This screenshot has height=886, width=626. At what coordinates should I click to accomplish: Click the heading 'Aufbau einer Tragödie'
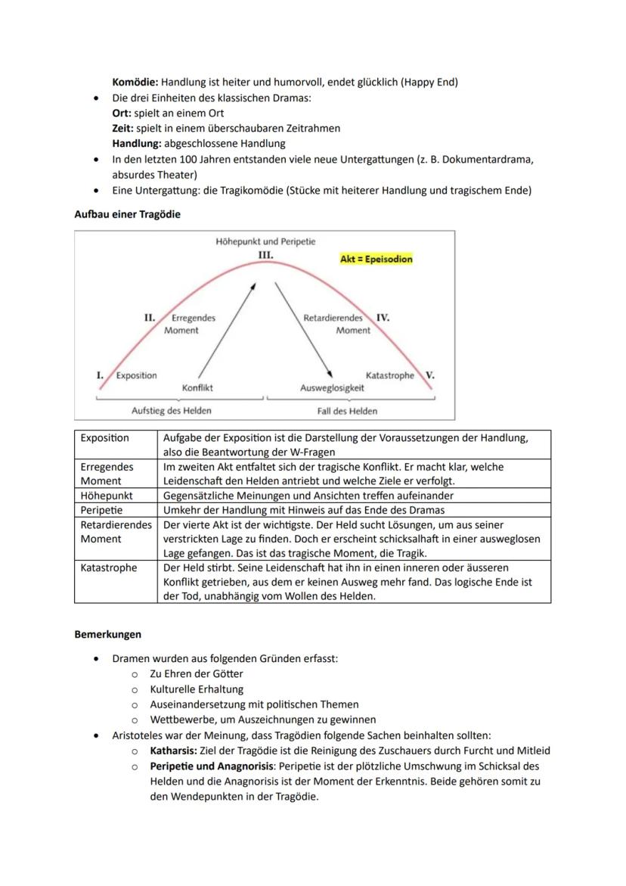(127, 214)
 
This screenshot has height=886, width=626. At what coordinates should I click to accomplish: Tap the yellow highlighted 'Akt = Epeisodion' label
(377, 260)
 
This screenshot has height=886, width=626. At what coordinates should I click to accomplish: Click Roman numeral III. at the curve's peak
(265, 256)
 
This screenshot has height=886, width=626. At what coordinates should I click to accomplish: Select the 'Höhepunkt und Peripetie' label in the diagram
(265, 241)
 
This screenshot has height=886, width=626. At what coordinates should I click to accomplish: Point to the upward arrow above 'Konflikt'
(226, 331)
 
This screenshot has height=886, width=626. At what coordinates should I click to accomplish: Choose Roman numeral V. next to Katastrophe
(429, 375)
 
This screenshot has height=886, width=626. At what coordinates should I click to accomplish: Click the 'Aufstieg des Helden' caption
(172, 411)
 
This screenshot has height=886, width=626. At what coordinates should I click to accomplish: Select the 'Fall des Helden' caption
(347, 411)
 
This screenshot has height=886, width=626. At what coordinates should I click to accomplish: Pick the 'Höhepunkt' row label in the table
(107, 496)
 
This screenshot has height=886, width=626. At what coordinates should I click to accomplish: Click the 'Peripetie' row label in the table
(101, 510)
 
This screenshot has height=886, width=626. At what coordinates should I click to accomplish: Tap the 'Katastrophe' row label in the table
(110, 567)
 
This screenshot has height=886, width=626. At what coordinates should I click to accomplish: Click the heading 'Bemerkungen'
(108, 634)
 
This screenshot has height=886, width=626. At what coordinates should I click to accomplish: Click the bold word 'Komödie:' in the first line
(135, 82)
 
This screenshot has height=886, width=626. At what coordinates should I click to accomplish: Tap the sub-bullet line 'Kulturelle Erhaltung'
(197, 689)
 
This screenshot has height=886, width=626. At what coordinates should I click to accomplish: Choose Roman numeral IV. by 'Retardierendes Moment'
(383, 318)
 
